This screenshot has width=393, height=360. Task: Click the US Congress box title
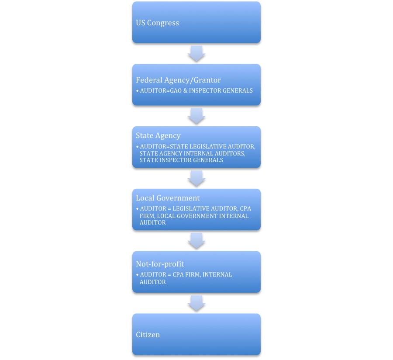[157, 23]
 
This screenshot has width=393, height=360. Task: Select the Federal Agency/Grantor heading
[178, 80]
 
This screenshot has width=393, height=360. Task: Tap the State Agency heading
[158, 135]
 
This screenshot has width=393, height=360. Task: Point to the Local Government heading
[168, 198]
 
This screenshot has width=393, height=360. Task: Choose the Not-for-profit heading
[160, 264]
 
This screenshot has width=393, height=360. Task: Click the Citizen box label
[148, 335]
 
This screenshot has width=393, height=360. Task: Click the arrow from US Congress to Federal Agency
[196, 53]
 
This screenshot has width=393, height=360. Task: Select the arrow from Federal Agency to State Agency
[196, 116]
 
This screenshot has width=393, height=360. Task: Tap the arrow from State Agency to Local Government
[196, 178]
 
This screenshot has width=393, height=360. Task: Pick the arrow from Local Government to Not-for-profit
[196, 241]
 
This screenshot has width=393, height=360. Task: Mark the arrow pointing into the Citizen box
[196, 303]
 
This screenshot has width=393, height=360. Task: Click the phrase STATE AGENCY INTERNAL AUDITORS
[192, 153]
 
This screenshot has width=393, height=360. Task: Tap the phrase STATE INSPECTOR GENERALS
[181, 160]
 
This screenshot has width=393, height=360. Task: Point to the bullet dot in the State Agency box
[137, 147]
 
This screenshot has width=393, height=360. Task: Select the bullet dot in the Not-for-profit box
[137, 275]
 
